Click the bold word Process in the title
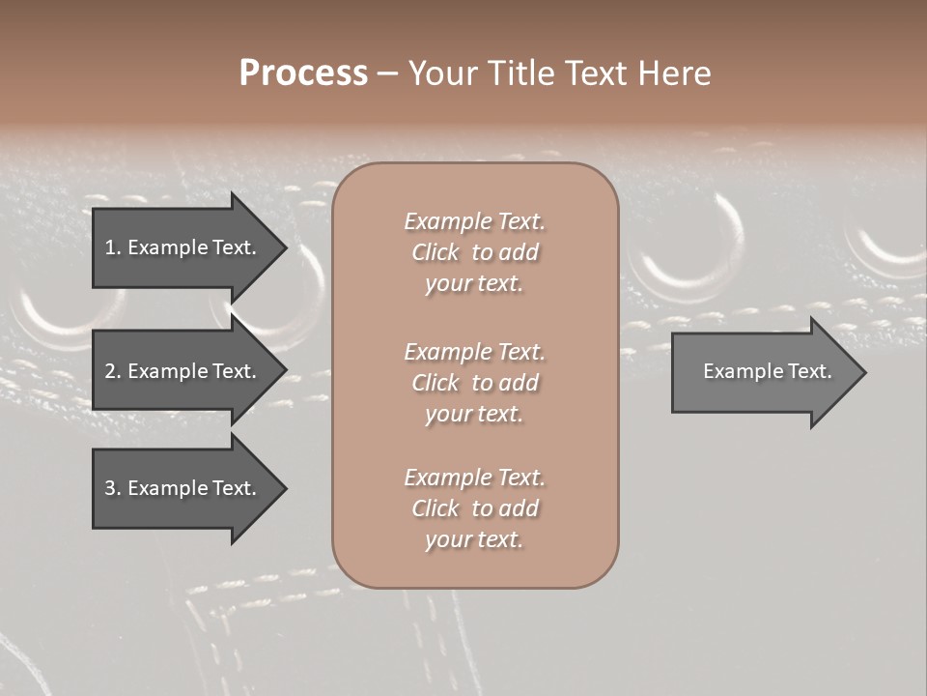pyautogui.click(x=303, y=73)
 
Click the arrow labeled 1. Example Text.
pyautogui.click(x=183, y=247)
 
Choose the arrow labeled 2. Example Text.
pyautogui.click(x=183, y=371)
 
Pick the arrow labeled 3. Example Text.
pyautogui.click(x=183, y=488)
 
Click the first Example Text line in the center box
pyautogui.click(x=474, y=221)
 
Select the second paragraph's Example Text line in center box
pyautogui.click(x=474, y=352)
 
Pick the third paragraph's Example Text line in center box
pyautogui.click(x=474, y=478)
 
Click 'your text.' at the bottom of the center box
pyautogui.click(x=474, y=539)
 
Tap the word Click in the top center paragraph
pyautogui.click(x=435, y=252)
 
